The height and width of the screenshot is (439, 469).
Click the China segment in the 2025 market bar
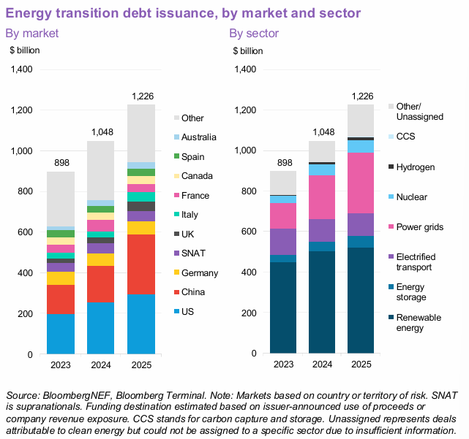click(141, 264)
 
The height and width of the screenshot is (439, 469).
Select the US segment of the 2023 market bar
click(61, 334)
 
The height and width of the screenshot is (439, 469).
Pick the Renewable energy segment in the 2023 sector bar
click(283, 308)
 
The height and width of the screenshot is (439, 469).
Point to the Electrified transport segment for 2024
click(323, 230)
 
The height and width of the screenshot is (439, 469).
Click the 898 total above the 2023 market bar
click(61, 162)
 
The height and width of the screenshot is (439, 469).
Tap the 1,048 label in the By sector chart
click(323, 132)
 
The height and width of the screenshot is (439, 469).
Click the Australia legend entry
click(198, 137)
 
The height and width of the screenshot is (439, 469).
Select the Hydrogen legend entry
click(415, 167)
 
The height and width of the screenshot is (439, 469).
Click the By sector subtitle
click(254, 33)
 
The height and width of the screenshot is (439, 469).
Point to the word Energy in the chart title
click(29, 12)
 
